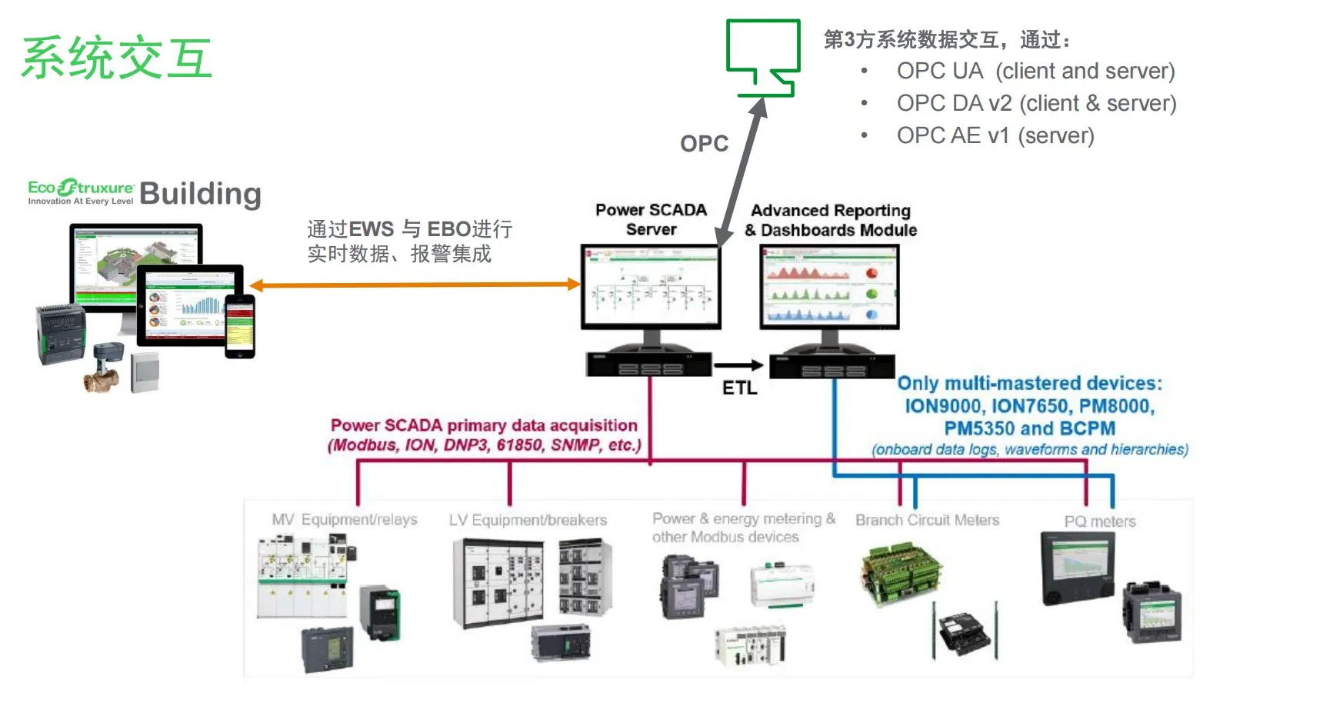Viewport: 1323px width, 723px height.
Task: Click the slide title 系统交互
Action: click(117, 58)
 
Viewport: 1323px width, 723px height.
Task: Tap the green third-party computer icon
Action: click(763, 55)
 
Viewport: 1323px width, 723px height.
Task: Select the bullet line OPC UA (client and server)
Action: click(1035, 71)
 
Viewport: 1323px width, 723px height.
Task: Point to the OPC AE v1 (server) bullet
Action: click(995, 135)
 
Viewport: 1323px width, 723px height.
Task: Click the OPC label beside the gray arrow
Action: click(704, 143)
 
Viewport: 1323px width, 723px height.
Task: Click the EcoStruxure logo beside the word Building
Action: click(81, 192)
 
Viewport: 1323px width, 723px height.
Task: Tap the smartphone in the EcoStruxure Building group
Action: click(239, 326)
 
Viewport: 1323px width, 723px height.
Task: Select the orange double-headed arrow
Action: click(415, 285)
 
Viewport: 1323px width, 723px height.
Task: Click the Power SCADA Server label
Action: click(651, 219)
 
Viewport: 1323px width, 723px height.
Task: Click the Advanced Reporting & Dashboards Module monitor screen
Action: click(829, 287)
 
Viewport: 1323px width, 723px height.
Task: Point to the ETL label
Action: click(739, 388)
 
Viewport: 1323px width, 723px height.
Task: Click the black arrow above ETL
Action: click(738, 365)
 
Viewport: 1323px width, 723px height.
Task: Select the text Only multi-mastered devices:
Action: click(1029, 383)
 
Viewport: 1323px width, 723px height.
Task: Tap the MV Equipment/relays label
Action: click(344, 519)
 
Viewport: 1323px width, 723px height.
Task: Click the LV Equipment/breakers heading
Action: click(528, 520)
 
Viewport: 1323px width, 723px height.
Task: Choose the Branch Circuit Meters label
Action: click(927, 520)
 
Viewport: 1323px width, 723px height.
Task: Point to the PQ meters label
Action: click(1099, 521)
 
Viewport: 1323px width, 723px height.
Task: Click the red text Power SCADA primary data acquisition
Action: click(484, 425)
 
